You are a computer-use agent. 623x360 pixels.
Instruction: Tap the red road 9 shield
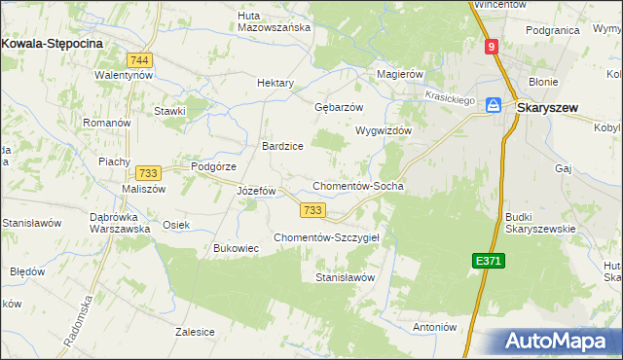493,46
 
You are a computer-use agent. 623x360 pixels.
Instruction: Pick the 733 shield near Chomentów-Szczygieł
311,210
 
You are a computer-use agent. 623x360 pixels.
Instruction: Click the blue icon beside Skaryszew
494,105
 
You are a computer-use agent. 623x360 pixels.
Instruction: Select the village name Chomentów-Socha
357,186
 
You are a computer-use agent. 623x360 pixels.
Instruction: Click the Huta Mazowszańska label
275,21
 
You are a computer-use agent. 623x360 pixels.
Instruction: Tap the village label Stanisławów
345,277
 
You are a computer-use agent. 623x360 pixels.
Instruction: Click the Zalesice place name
195,331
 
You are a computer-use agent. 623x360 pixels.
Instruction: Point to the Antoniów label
434,327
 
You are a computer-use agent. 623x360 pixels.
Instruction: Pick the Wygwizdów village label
385,130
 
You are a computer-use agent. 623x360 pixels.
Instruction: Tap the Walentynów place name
124,75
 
